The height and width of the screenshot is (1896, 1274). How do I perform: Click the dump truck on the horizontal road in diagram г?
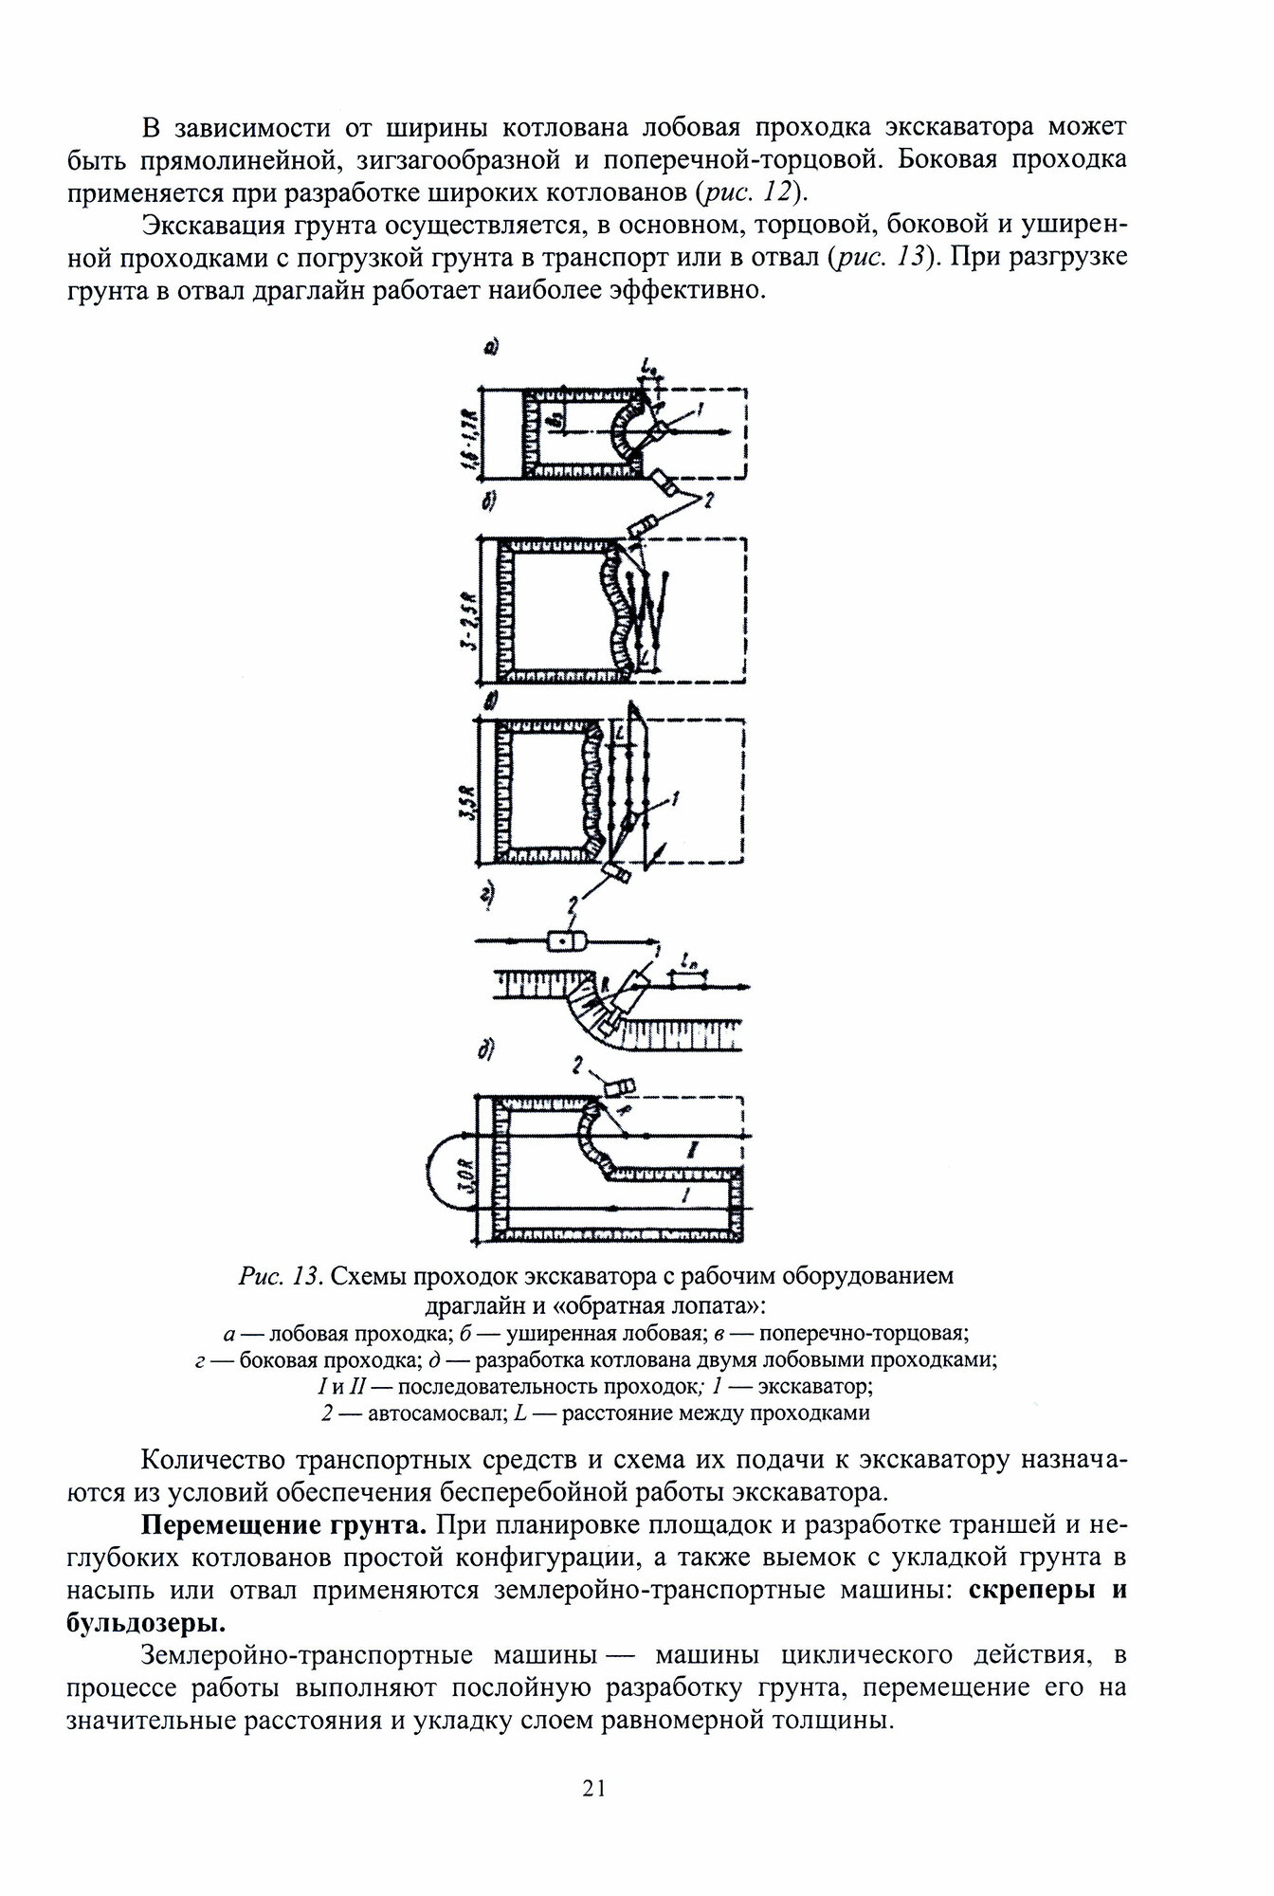[564, 940]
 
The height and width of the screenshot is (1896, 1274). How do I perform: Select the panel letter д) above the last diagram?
[488, 1049]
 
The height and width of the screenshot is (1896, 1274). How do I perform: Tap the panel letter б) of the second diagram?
[490, 503]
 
